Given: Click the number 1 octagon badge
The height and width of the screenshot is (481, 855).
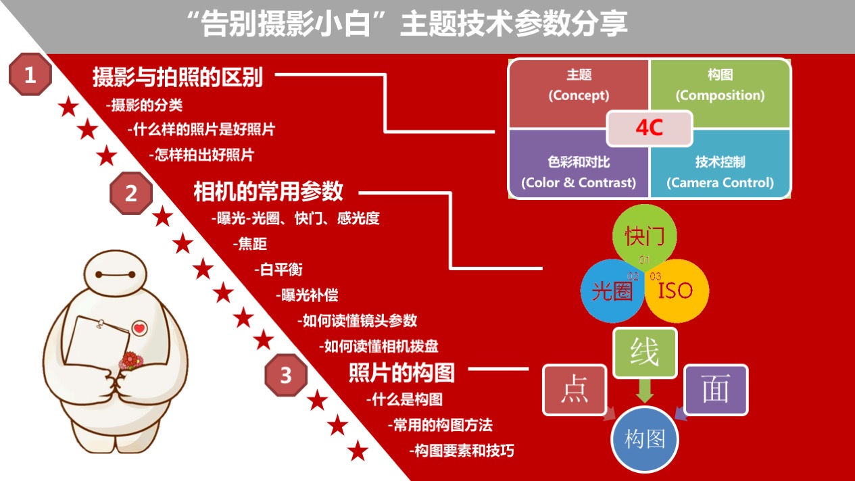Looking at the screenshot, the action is point(30,74).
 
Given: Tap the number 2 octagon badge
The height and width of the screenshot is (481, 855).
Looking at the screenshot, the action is point(131,193).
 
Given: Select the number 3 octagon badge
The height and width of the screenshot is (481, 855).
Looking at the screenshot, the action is point(286,375).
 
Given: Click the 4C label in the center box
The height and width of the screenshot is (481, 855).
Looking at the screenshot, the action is point(650,128).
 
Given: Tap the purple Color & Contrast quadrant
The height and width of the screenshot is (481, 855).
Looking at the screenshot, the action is point(579,168).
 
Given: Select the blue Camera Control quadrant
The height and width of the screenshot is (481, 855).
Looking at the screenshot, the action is point(720,168).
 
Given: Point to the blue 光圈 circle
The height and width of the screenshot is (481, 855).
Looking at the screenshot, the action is point(612,291).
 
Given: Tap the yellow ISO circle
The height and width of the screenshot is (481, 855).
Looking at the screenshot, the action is point(677,291).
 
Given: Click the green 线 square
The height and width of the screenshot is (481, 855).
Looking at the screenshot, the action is point(645,353).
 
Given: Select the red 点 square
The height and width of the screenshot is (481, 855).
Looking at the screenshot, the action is point(575,389).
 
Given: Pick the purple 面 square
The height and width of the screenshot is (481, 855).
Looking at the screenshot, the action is point(716,389).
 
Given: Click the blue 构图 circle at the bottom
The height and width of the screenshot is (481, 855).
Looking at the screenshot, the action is point(645,439).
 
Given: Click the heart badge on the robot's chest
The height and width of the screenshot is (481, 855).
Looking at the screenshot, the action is point(139,328).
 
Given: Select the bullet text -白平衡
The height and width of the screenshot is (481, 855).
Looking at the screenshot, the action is point(278,270).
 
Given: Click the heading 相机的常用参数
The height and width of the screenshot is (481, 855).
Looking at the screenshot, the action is point(268,191).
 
